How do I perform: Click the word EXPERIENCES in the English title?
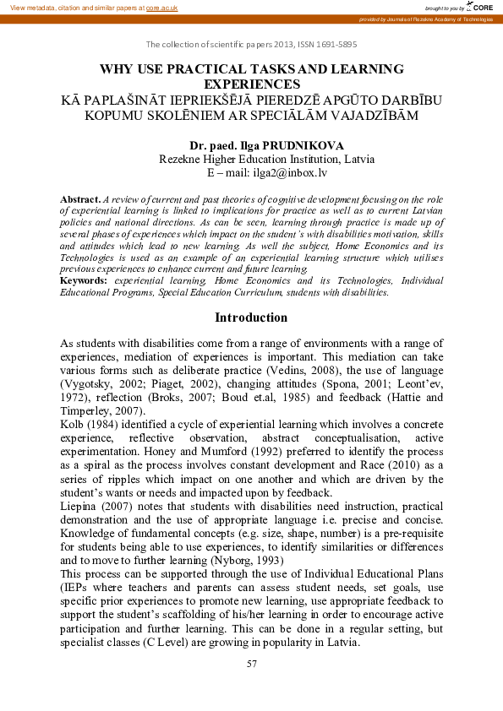(252, 84)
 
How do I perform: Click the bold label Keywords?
(84, 280)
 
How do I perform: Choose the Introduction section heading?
(251, 318)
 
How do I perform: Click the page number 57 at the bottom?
(251, 664)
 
